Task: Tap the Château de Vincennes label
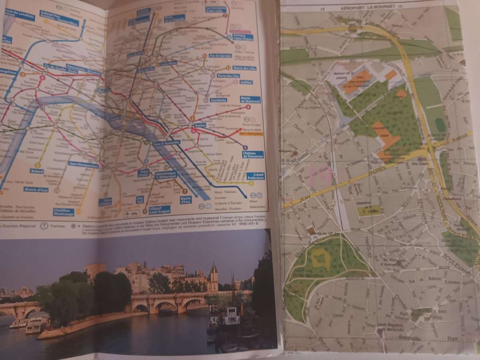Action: pos(252,154)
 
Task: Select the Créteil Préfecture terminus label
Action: pos(256,176)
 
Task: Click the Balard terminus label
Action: pos(36,171)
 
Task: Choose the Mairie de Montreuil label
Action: pos(250,99)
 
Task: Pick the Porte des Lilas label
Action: pos(228,76)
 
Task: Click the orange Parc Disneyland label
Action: pos(252,134)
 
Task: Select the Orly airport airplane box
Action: pos(132,214)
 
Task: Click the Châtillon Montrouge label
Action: pos(64,212)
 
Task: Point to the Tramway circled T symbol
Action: pos(44,226)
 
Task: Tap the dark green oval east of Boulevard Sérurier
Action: pos(440,125)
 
